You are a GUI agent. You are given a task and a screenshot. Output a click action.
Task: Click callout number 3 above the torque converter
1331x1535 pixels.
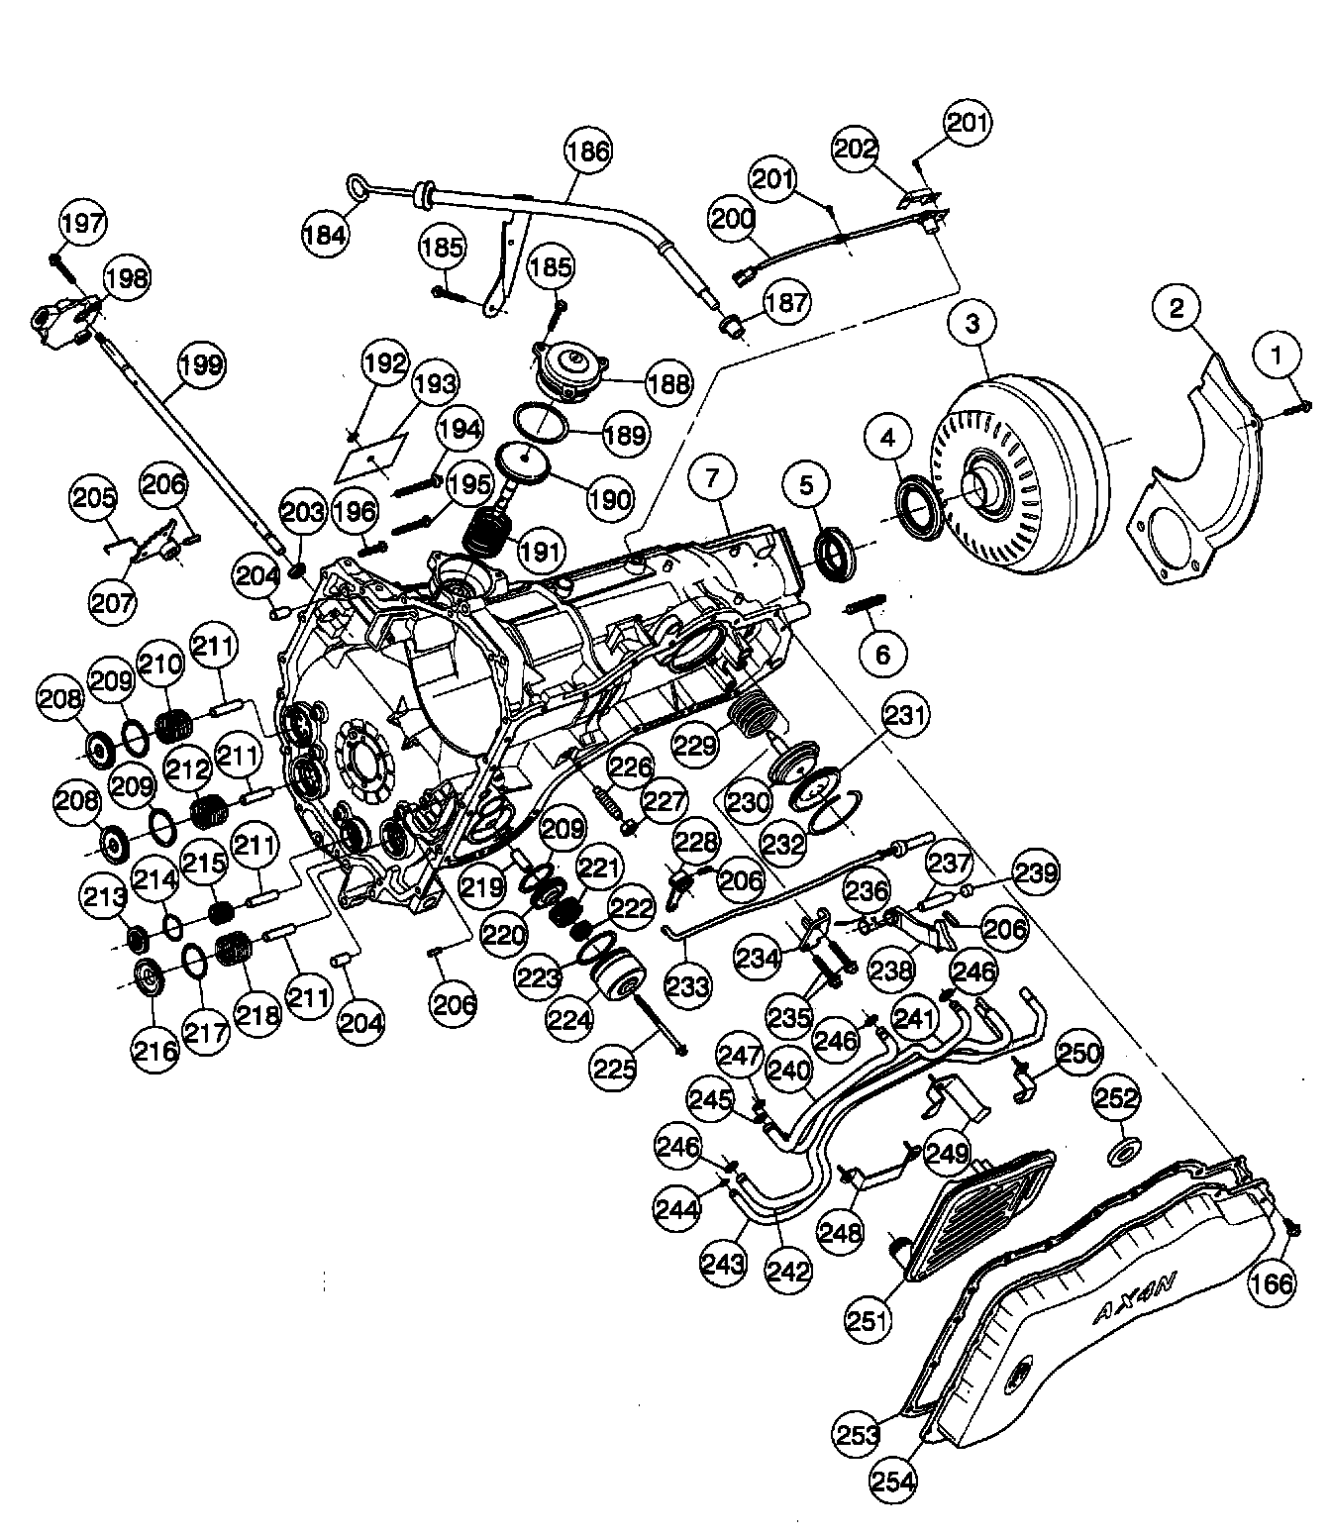pyautogui.click(x=973, y=324)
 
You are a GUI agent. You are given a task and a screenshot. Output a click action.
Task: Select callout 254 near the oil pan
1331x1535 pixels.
pyautogui.click(x=893, y=1483)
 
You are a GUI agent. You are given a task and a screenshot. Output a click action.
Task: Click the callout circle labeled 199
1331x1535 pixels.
pyautogui.click(x=202, y=364)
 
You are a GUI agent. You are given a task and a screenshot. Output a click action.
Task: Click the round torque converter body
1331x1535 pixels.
pyautogui.click(x=1020, y=475)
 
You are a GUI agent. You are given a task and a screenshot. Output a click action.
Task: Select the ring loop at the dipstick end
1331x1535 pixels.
pyautogui.click(x=358, y=185)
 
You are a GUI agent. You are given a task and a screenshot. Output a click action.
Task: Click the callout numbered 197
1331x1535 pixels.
pyautogui.click(x=82, y=223)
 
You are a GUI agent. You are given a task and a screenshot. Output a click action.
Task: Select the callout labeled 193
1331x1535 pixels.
pyautogui.click(x=437, y=384)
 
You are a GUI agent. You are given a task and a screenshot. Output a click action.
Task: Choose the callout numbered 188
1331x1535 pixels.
pyautogui.click(x=668, y=383)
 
